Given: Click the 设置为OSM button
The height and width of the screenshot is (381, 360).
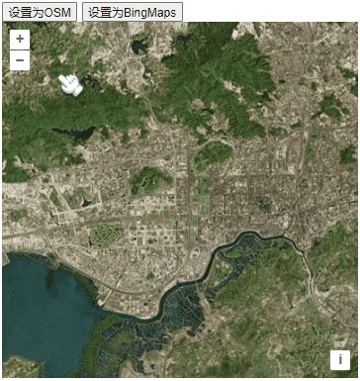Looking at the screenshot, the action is (x=40, y=11).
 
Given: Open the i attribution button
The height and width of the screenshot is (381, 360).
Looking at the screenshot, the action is (x=341, y=360).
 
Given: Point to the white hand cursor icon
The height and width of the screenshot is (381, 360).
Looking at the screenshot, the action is (x=69, y=84).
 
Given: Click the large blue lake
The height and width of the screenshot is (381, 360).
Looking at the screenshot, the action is (x=45, y=307).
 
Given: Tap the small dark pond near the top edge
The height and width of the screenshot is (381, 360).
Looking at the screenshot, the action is (x=141, y=45).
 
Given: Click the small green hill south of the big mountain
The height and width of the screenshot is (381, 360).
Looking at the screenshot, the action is (x=212, y=153).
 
